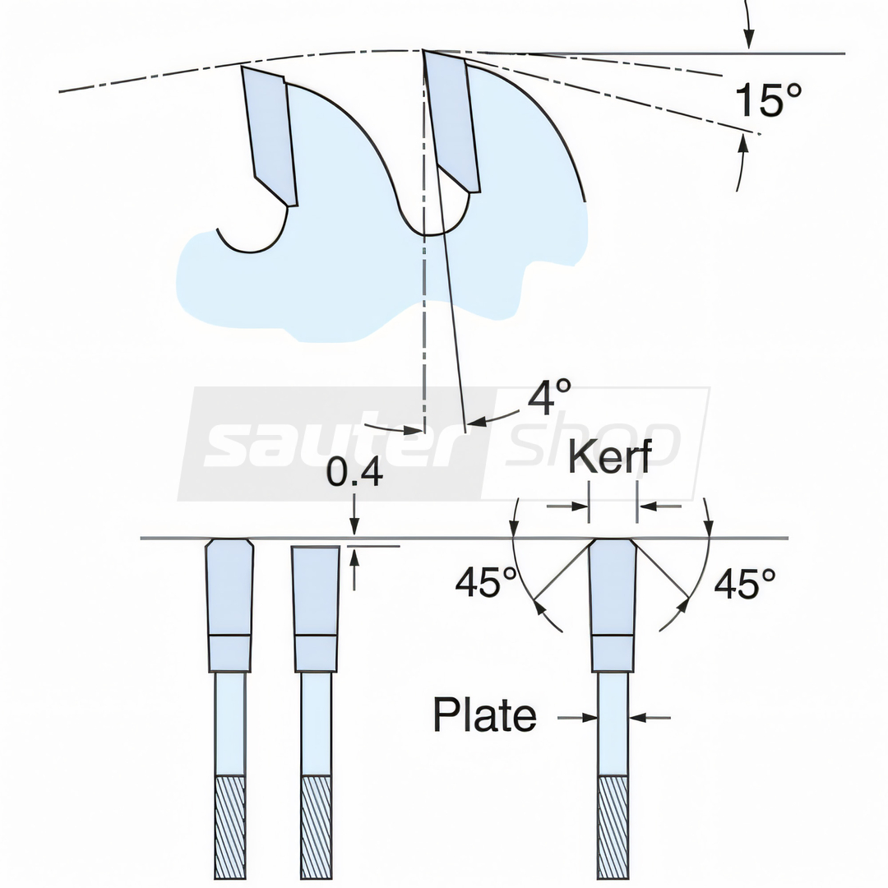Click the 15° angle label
768,99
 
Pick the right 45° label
745,584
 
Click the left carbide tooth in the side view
270,136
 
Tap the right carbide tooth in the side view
452,121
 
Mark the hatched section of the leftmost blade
230,827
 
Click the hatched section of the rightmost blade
613,827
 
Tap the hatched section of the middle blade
317,827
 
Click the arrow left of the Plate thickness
578,718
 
